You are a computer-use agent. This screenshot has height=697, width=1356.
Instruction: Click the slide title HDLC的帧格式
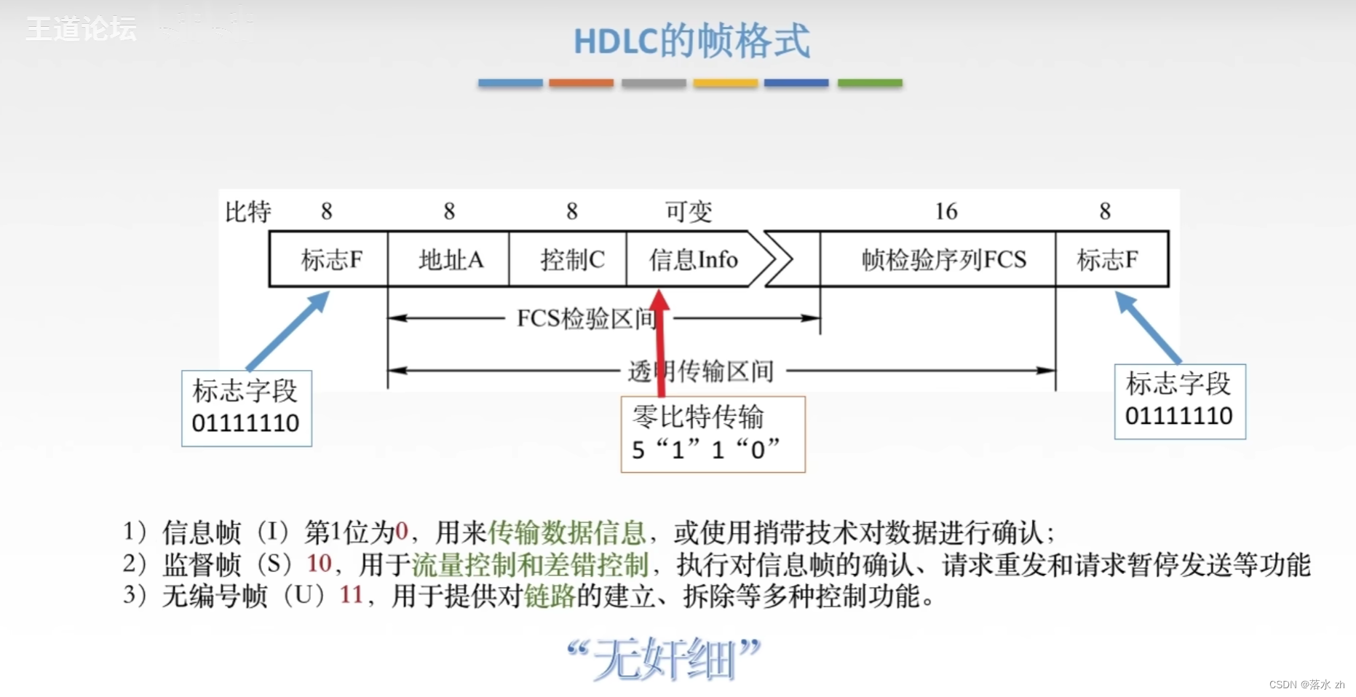[691, 41]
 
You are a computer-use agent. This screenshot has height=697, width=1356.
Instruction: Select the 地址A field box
[449, 259]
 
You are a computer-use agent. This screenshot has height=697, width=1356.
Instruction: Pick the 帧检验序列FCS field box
[943, 259]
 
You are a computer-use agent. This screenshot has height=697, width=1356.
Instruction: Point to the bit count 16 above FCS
[945, 211]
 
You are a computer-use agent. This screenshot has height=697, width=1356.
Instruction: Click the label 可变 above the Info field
[689, 211]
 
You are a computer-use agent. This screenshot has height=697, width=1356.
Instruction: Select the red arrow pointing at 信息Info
[660, 342]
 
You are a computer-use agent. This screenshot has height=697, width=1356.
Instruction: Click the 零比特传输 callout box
[713, 434]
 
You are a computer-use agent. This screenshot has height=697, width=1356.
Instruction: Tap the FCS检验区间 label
[587, 318]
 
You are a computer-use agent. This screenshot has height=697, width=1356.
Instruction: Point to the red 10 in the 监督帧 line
[319, 564]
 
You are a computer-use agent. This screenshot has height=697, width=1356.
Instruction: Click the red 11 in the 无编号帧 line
[351, 595]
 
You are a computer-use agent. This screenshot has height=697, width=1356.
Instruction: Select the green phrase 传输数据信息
[567, 532]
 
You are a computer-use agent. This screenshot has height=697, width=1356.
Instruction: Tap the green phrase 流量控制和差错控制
[530, 564]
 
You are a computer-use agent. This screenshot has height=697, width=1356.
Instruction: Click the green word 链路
[550, 595]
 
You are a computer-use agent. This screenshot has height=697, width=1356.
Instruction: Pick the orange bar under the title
[581, 83]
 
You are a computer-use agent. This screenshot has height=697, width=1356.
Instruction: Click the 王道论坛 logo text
[82, 29]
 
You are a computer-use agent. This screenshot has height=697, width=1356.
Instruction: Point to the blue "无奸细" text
[664, 658]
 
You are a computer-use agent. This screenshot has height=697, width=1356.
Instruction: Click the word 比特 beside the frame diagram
[247, 212]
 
